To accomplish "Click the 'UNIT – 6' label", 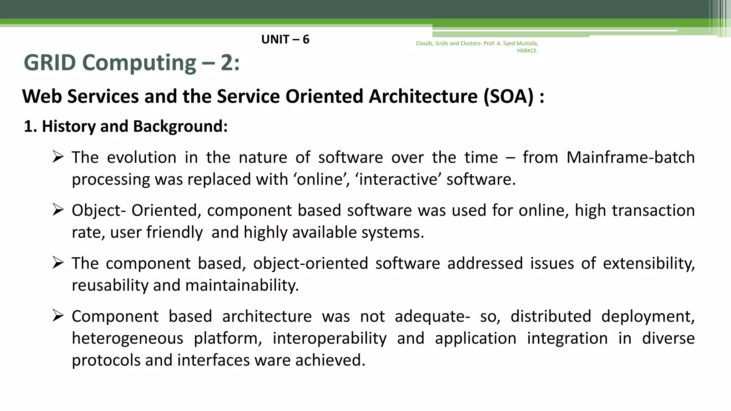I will pos(285,39).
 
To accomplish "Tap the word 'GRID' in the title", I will pos(50,63).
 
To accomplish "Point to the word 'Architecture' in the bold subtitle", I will pos(423,96).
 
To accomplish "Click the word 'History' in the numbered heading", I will pos(69,126).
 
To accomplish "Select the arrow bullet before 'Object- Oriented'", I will pos(58,209).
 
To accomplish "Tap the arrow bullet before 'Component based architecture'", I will pos(58,315).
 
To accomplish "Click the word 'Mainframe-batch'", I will pos(630,157).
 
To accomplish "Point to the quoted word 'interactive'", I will pos(398,179).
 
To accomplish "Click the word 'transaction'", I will pos(653,210).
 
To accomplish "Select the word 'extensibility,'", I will pos(649,264).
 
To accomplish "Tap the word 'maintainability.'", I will pos(242,285).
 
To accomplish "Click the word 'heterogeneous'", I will pos(127,338).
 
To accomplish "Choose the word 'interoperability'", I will pos(329,338).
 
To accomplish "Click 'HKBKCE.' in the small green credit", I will pos(527,51).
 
